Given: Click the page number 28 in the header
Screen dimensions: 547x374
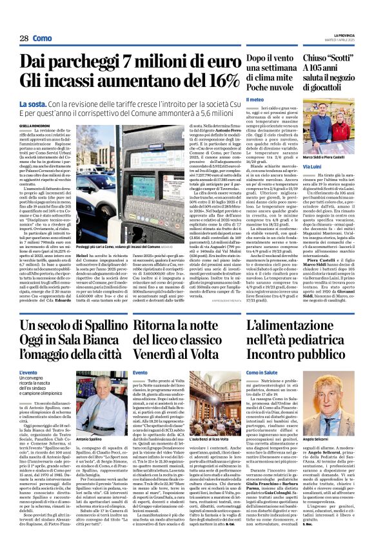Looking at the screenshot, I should pyautogui.click(x=24, y=39).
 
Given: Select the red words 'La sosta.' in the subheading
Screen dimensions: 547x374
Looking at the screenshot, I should pyautogui.click(x=32, y=103).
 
